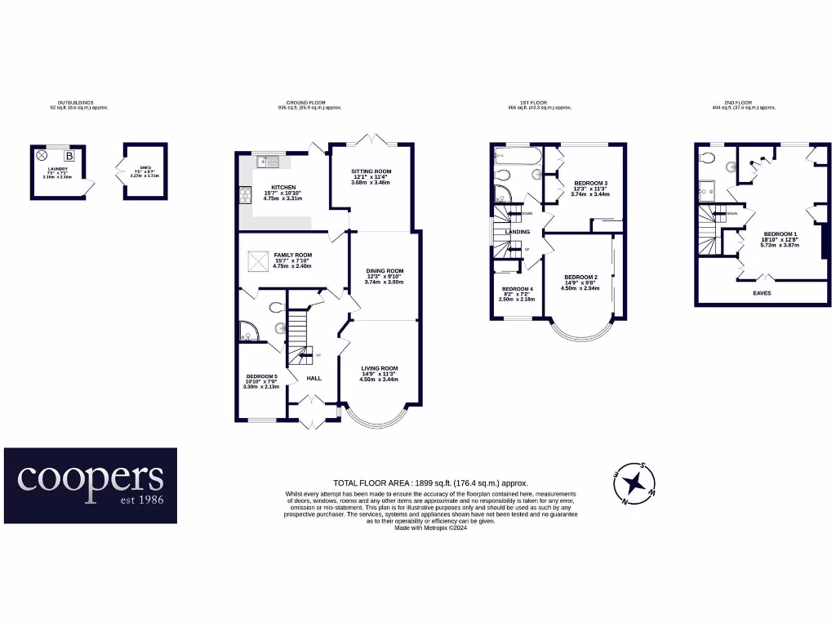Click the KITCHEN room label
[x=283, y=187]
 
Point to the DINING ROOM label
[x=384, y=271]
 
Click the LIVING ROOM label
[x=380, y=368]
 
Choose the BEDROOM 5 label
[x=261, y=376]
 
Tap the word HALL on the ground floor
[x=313, y=378]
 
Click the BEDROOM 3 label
[x=590, y=183]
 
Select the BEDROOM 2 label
[x=580, y=278]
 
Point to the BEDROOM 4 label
[x=517, y=290]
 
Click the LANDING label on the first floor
[x=518, y=232]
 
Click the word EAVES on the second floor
[x=761, y=292]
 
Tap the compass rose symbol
[x=634, y=484]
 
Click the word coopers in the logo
[x=91, y=478]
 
